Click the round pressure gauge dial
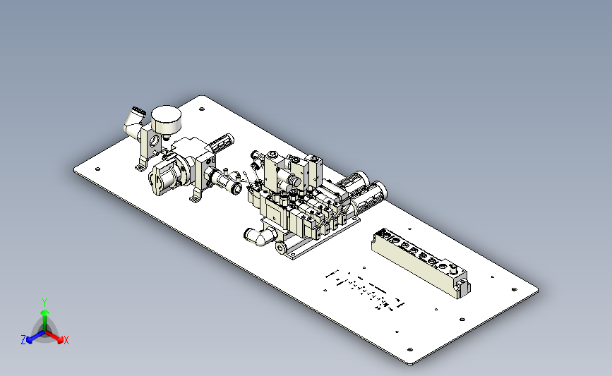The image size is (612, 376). [166, 119]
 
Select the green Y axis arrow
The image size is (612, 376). [44, 320]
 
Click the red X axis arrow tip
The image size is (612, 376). [60, 340]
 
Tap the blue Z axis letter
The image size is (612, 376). [23, 340]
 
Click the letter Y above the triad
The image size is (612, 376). [44, 303]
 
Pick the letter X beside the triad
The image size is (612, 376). [66, 340]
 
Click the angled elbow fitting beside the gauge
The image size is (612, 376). [134, 121]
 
